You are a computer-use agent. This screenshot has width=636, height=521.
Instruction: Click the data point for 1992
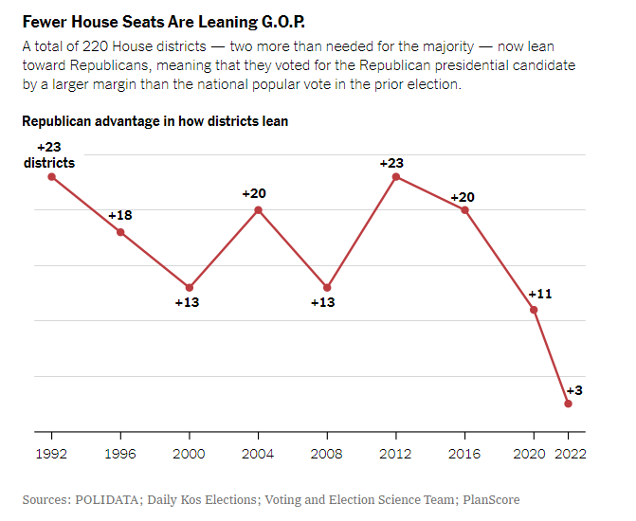51,176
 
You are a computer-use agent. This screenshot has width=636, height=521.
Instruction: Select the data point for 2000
190,287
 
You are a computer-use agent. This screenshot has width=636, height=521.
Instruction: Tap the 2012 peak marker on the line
396,176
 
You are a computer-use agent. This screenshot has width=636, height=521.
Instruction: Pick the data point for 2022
569,404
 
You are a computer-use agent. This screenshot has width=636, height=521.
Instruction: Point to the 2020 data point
534,309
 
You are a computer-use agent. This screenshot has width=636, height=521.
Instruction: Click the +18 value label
120,216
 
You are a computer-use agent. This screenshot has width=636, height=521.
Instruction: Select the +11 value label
539,294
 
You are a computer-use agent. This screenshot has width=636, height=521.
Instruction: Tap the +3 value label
574,390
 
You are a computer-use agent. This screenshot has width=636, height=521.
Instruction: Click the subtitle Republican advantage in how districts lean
154,121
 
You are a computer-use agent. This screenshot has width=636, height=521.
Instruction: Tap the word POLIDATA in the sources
108,499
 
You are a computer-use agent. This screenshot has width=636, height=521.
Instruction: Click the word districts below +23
49,162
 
